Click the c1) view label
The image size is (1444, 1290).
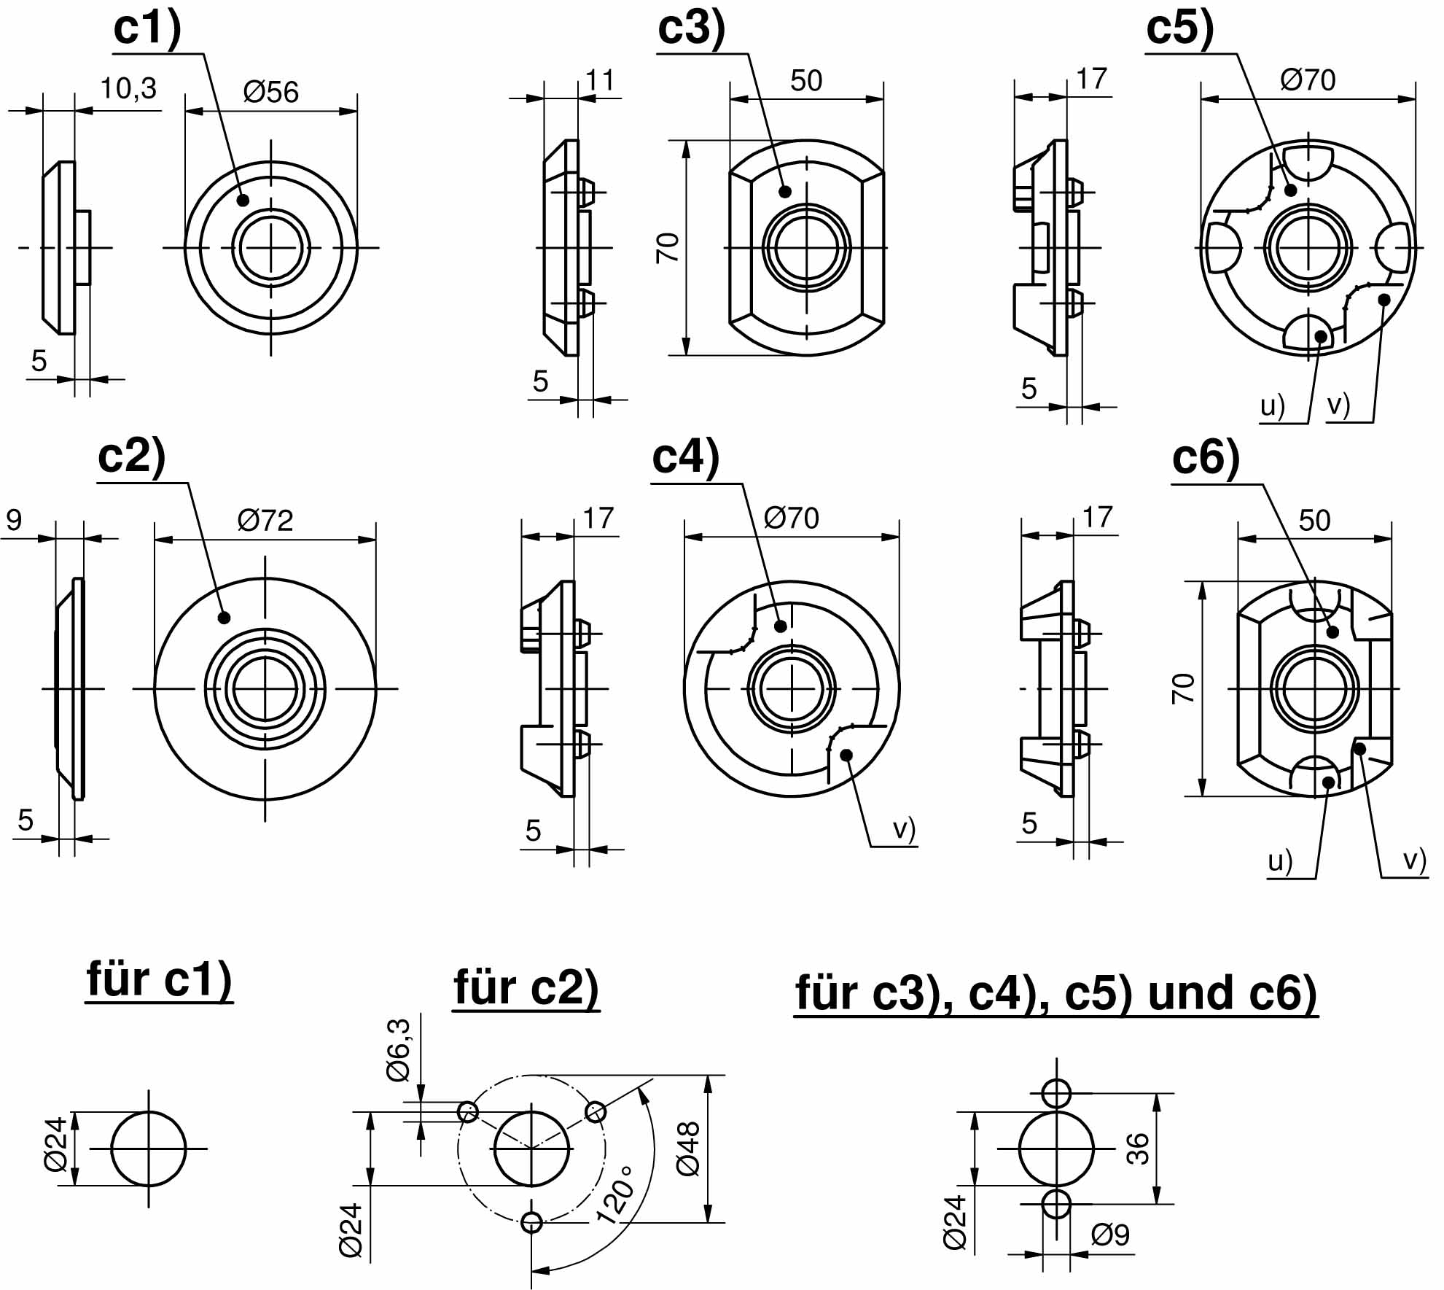click(147, 29)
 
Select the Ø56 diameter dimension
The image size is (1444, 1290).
click(270, 93)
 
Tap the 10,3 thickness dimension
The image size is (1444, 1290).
click(128, 89)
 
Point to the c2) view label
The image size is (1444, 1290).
click(132, 457)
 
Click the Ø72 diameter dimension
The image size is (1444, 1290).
click(265, 521)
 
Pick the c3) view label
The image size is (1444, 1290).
click(692, 29)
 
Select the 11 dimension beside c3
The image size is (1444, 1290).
click(600, 80)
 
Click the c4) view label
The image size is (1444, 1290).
click(686, 458)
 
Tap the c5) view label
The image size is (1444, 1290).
click(1180, 29)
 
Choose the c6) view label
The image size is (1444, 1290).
click(1206, 459)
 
